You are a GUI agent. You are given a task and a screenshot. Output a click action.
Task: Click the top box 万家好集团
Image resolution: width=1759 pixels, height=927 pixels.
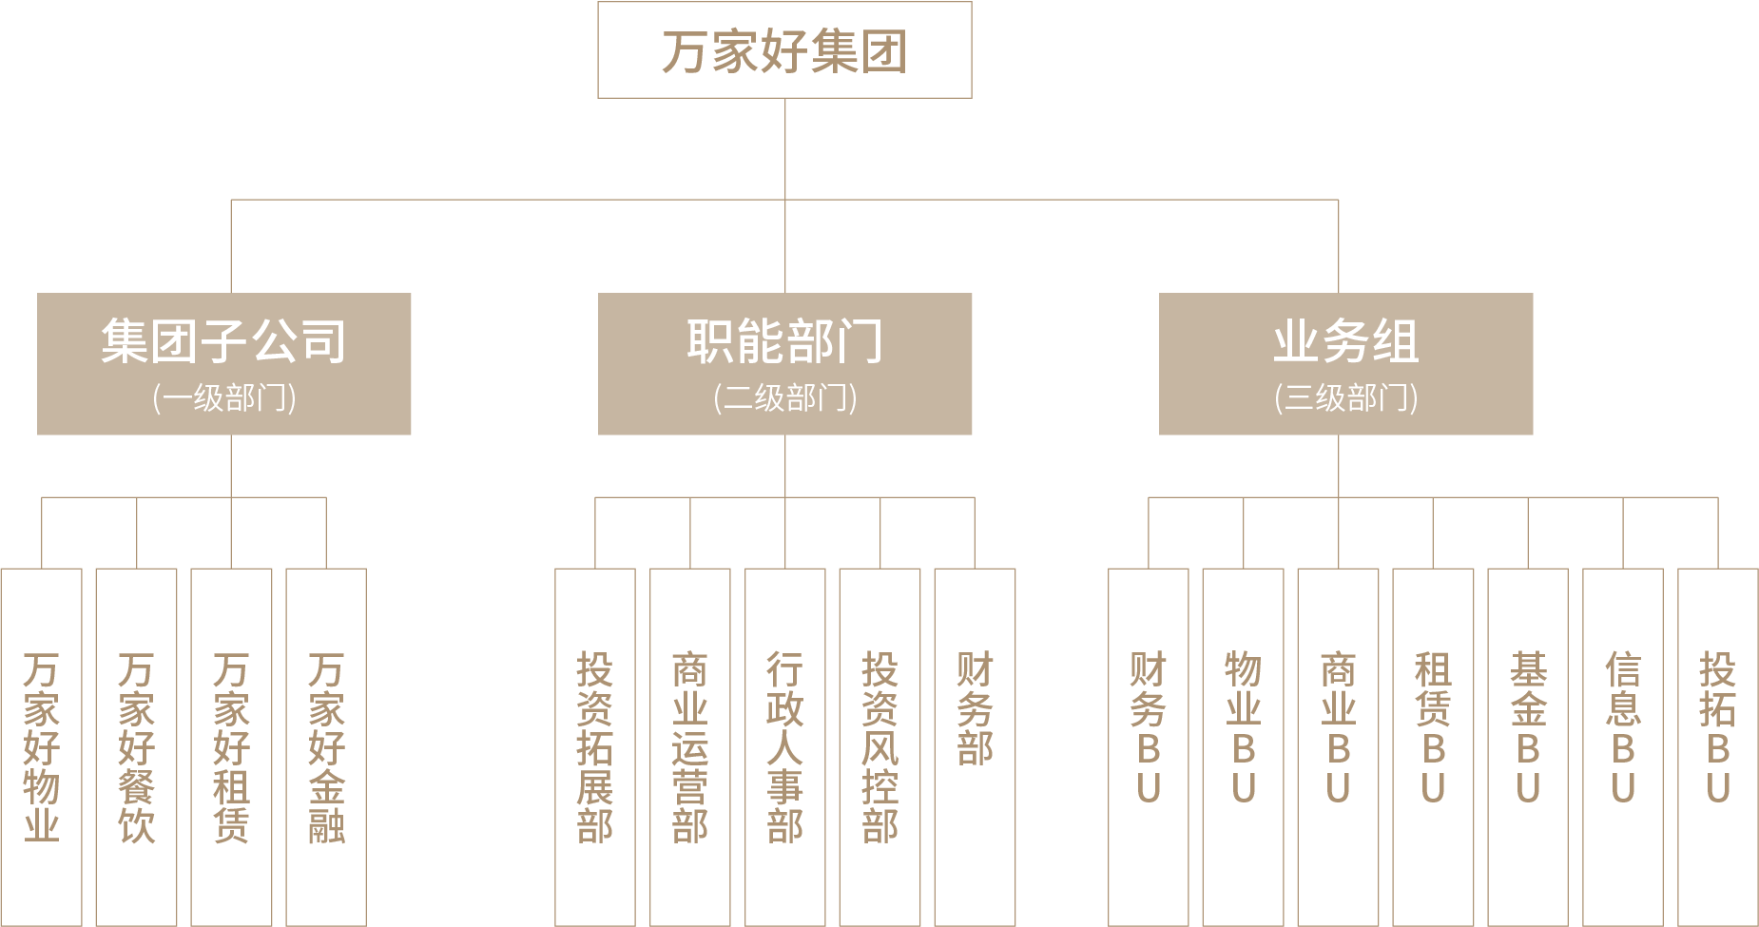[x=784, y=49]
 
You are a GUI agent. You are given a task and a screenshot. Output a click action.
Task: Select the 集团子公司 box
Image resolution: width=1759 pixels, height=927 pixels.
[x=223, y=363]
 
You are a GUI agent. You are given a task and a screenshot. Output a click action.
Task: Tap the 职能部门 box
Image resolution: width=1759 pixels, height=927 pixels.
[x=784, y=363]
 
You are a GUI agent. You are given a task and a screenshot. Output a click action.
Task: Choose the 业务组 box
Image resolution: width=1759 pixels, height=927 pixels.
[x=1345, y=363]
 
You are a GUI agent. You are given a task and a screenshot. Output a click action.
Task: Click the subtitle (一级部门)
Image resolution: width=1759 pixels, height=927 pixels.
[x=224, y=397]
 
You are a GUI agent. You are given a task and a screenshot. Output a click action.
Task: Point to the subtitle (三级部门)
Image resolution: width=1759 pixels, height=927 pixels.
[x=1346, y=397]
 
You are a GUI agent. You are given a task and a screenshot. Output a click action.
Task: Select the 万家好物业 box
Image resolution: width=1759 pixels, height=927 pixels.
[x=42, y=747]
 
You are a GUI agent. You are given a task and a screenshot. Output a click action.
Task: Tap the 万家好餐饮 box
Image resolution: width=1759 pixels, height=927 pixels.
[x=137, y=747]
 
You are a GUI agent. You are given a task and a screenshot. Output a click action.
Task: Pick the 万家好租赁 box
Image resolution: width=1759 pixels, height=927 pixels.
[x=231, y=747]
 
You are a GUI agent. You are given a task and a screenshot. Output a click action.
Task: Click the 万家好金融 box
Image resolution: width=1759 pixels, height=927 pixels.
[x=326, y=747]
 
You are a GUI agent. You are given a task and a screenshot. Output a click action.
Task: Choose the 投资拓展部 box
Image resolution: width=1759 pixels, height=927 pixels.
[x=595, y=747]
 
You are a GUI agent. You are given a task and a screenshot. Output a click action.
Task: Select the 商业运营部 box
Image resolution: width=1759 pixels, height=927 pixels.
[x=690, y=747]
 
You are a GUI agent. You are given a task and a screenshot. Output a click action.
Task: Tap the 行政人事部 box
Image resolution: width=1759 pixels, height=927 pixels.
[x=785, y=747]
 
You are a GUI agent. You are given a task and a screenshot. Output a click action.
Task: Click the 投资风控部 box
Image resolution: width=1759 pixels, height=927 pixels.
[x=880, y=747]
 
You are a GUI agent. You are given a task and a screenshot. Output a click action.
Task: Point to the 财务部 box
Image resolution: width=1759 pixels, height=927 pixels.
[x=976, y=747]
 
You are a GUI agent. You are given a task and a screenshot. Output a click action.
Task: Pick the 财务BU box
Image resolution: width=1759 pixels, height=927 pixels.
[x=1149, y=747]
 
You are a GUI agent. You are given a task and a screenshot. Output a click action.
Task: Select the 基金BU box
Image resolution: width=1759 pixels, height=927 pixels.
[x=1528, y=747]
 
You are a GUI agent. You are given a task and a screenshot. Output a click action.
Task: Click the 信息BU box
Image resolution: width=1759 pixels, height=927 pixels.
[x=1623, y=747]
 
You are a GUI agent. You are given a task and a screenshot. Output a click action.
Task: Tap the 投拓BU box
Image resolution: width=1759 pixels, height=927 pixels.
[x=1718, y=747]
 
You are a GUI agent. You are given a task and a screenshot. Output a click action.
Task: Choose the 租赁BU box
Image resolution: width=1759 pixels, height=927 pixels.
[x=1433, y=747]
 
